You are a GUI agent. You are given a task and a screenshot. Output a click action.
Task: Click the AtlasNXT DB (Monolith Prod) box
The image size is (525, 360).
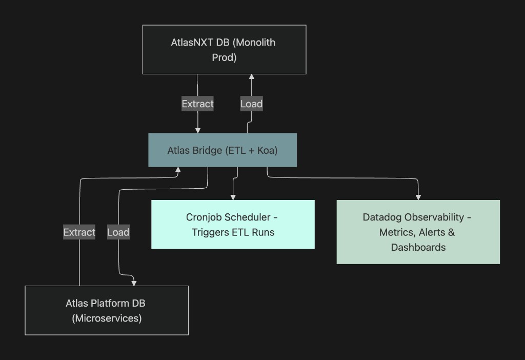[x=224, y=49]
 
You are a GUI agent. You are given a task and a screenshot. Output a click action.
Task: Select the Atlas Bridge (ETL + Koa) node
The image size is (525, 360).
[x=223, y=150]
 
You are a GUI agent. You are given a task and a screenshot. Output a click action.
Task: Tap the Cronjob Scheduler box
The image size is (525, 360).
[x=233, y=225]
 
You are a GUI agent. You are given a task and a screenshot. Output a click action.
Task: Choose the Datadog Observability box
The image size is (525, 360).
[x=418, y=232]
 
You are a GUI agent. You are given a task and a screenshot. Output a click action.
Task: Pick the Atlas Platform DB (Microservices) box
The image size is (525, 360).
[x=107, y=310]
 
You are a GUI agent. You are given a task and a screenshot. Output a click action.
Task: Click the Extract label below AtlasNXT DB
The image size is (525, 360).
[x=197, y=104]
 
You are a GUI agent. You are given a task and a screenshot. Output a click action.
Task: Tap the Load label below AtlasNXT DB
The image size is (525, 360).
[x=251, y=104]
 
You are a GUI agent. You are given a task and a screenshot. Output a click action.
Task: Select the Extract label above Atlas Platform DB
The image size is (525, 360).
[x=79, y=232]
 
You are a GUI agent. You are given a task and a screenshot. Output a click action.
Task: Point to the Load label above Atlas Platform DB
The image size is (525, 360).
[x=118, y=232]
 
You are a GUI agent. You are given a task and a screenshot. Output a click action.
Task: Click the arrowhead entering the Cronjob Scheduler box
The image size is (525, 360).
[x=233, y=197]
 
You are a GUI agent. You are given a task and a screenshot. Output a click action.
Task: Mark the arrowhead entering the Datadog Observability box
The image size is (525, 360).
[x=418, y=197]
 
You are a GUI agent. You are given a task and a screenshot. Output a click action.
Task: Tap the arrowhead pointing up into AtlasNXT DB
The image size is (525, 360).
[x=251, y=77]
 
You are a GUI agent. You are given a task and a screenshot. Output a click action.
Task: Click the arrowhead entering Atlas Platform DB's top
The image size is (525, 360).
[x=134, y=283]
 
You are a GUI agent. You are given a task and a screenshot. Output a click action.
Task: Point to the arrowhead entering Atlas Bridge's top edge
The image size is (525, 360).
[x=198, y=130]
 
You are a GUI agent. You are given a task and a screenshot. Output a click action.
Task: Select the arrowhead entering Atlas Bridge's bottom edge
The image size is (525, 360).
[x=178, y=170]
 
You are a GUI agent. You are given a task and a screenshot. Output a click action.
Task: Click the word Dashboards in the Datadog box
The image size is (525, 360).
[x=418, y=247]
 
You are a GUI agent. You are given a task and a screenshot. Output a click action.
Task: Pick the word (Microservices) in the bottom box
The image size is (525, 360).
[x=107, y=318]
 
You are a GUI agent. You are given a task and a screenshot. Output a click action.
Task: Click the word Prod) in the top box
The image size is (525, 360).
[x=224, y=57]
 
